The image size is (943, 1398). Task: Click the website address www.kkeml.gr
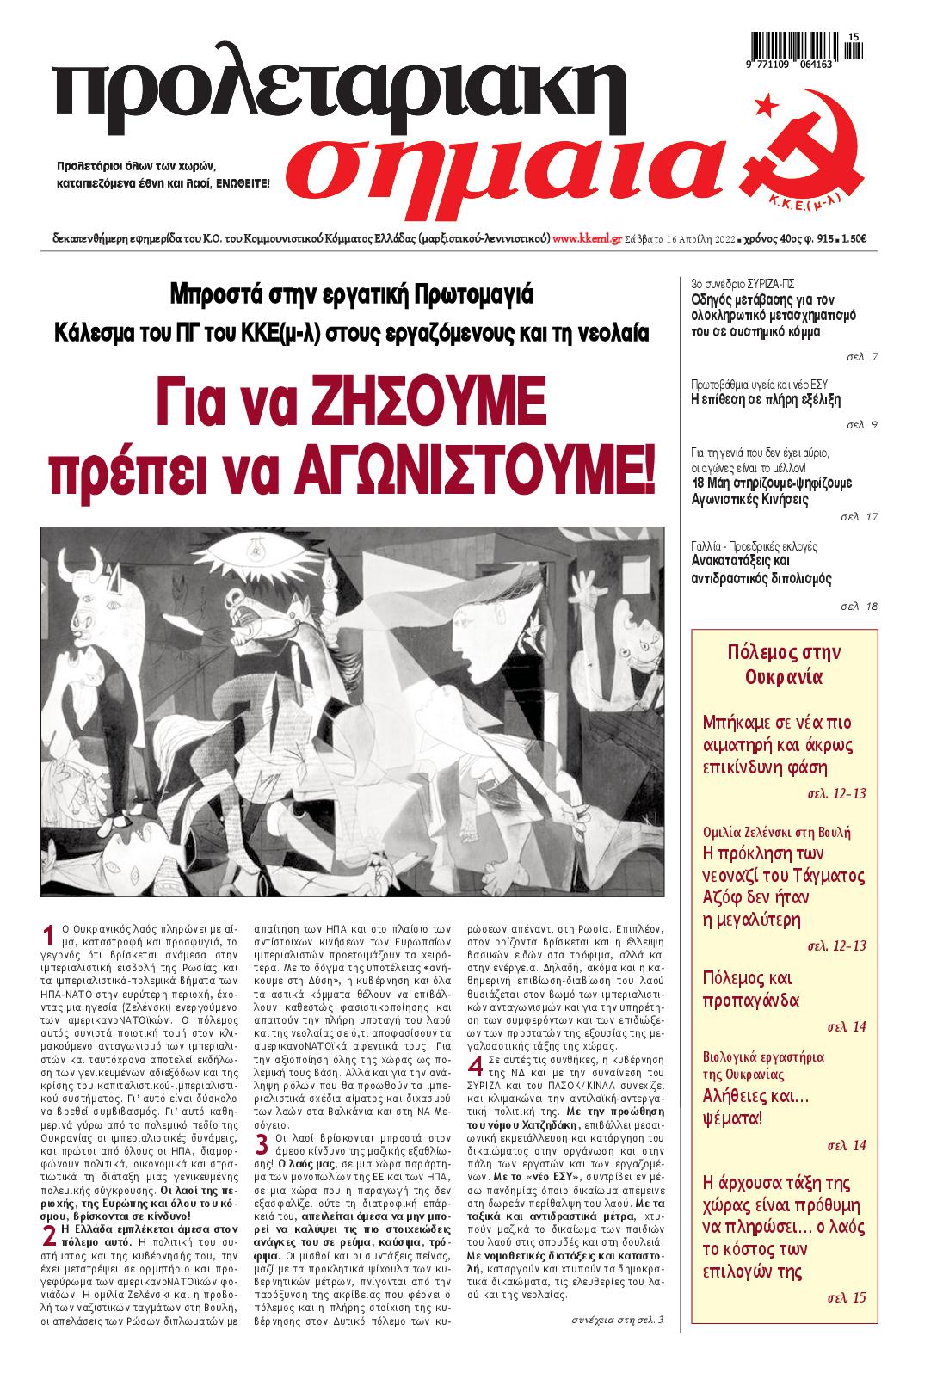[587, 239]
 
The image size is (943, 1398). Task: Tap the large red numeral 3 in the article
[262, 1146]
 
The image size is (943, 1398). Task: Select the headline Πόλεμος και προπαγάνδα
[752, 989]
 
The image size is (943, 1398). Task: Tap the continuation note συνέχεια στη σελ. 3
[618, 1320]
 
